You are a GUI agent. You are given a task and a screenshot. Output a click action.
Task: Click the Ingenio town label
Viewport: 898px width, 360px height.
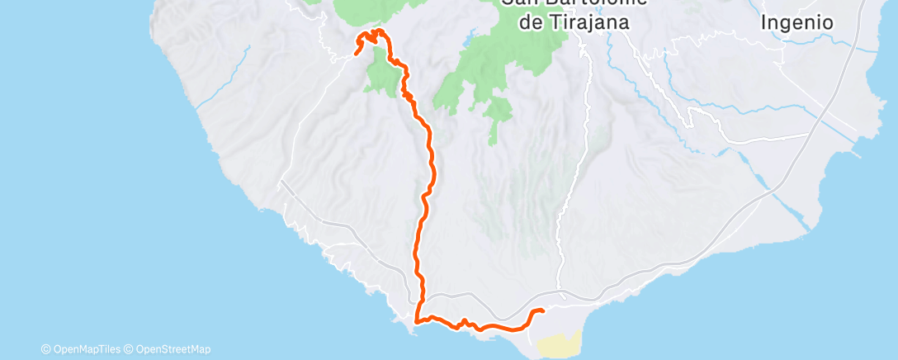click(x=796, y=22)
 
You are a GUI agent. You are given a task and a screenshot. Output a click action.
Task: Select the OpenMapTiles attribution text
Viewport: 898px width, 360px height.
click(x=85, y=349)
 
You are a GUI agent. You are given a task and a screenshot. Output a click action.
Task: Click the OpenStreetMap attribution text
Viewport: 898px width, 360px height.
click(x=173, y=349)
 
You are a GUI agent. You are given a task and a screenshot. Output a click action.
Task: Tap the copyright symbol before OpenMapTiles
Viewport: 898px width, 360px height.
click(x=46, y=349)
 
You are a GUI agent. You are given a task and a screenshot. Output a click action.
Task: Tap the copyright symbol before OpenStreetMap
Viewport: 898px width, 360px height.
click(x=130, y=349)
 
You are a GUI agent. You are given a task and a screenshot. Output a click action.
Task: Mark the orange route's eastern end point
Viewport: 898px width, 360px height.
click(x=542, y=310)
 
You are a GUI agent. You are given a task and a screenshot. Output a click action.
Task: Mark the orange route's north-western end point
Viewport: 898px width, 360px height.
click(x=356, y=54)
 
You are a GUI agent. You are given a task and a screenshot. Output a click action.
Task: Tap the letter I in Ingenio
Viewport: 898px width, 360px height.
click(x=764, y=22)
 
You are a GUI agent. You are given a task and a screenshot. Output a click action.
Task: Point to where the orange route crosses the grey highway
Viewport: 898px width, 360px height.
click(x=423, y=295)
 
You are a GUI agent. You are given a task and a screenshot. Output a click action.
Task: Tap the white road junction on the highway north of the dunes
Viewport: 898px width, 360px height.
click(x=562, y=294)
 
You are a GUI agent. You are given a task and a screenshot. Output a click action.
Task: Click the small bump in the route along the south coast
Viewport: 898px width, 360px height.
click(x=465, y=320)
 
